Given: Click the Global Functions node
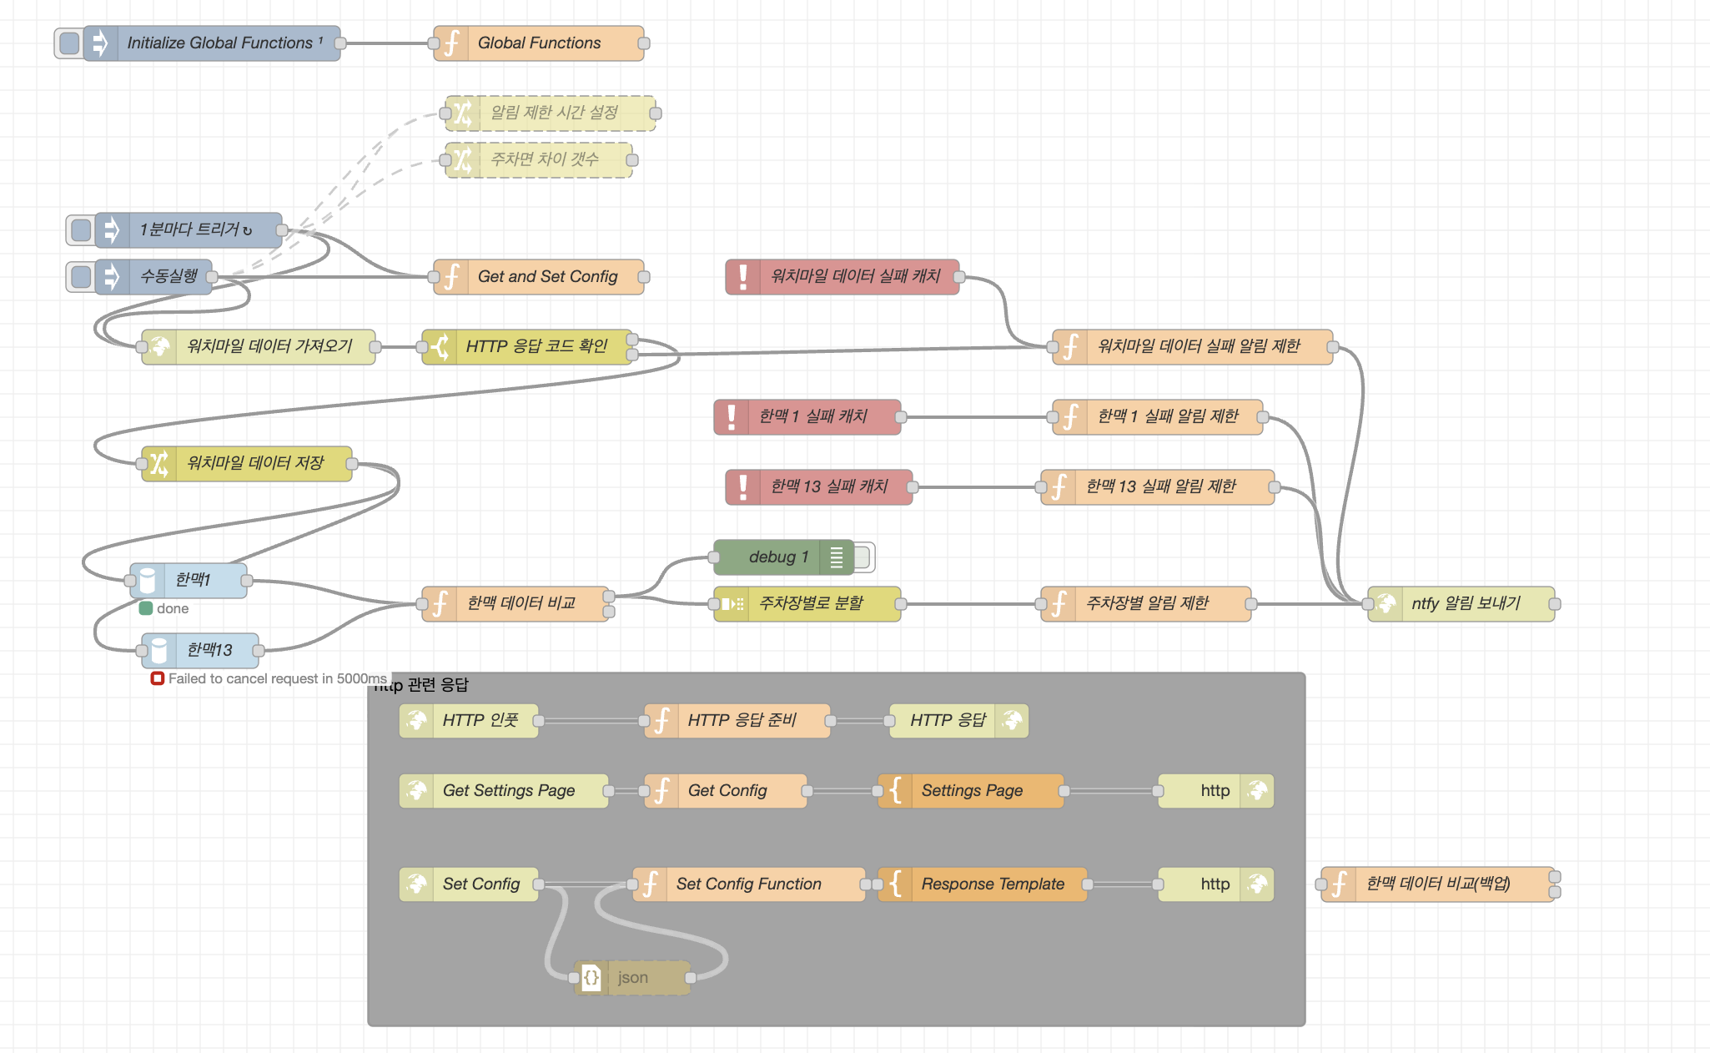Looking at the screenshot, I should tap(539, 43).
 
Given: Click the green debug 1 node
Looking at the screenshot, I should tap(779, 557).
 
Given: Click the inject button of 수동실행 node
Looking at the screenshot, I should tap(81, 277).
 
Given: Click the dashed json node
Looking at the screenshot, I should tap(632, 978).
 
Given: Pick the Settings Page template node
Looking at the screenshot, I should tap(971, 791).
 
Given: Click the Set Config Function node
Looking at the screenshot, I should tap(748, 884).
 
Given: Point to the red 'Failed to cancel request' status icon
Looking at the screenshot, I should tap(157, 678).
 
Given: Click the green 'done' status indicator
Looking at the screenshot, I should tap(146, 608).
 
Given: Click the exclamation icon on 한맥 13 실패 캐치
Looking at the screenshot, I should tap(742, 487).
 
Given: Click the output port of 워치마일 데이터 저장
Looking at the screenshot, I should tap(351, 464).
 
